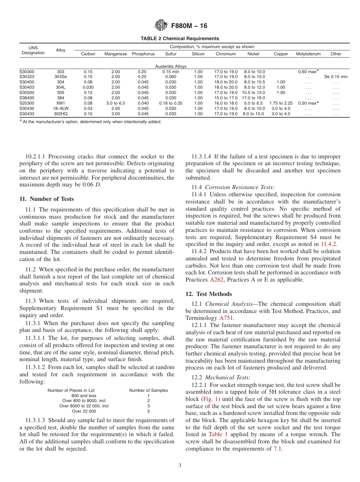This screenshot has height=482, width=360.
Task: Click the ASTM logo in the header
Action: point(161,26)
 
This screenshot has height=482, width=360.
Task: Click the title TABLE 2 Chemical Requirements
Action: point(180,39)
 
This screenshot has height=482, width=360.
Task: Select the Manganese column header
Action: point(116,54)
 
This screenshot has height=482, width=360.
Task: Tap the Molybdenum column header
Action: point(308,54)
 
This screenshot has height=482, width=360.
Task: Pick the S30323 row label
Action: point(27,77)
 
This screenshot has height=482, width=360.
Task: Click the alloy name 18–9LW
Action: point(61,108)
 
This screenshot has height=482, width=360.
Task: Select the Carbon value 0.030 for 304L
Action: point(88,87)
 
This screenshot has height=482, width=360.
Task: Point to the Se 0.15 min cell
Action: point(336,77)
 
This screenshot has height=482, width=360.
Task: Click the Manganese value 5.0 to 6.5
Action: point(116,103)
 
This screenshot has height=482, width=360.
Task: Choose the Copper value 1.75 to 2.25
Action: point(281,103)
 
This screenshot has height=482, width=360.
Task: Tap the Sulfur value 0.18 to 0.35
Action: point(171,103)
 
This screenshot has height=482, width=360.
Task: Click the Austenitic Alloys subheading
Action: point(171,66)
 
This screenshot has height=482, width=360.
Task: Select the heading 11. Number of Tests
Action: point(47,199)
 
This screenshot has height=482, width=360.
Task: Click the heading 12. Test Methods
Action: point(208,294)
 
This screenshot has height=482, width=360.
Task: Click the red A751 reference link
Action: point(226,318)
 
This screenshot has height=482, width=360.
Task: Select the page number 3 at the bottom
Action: point(180,466)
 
